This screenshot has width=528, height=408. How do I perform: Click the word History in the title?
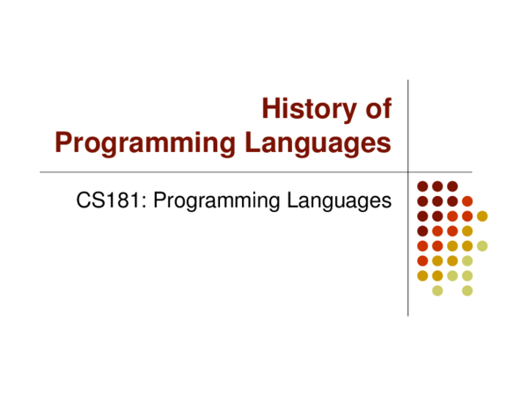click(309, 109)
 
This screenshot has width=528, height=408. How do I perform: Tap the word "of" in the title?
click(378, 109)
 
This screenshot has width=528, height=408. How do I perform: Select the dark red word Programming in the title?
click(145, 143)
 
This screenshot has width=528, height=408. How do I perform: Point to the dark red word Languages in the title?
click(318, 143)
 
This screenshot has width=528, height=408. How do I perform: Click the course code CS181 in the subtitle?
click(107, 200)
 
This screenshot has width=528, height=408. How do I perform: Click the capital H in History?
click(271, 109)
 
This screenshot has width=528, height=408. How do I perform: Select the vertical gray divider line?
click(407, 198)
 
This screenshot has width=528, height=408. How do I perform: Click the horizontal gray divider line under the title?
click(256, 171)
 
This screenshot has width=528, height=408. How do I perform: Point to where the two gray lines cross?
click(407, 171)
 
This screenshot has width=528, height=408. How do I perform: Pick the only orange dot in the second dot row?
click(467, 201)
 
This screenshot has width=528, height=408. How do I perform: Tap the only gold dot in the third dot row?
click(482, 216)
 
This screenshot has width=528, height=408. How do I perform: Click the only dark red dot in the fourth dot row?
click(422, 231)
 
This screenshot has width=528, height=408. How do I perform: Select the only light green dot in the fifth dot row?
click(482, 246)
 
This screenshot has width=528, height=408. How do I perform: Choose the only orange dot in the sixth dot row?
click(422, 260)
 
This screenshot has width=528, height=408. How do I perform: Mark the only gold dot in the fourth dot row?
click(467, 231)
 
